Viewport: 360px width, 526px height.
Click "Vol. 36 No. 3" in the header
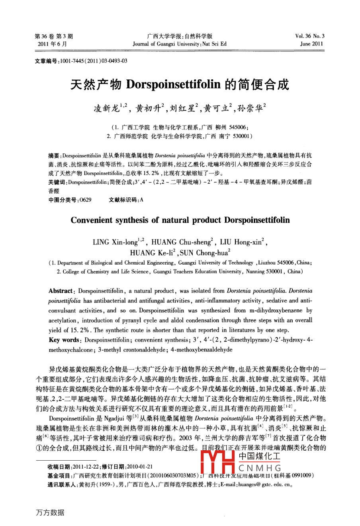pos(310,36)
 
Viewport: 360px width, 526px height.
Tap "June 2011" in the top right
pos(312,44)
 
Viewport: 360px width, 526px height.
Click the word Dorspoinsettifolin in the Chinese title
pos(173,84)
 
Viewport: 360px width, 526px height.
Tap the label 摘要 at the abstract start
pos(53,155)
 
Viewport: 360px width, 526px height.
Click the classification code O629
pos(85,200)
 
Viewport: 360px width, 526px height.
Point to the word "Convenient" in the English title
pos(91,220)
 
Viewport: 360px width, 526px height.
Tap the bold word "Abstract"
pos(61,291)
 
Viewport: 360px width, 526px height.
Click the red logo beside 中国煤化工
pos(218,463)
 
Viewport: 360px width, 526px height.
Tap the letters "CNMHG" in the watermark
pos(260,468)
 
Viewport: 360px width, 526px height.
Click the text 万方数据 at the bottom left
pos(50,512)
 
